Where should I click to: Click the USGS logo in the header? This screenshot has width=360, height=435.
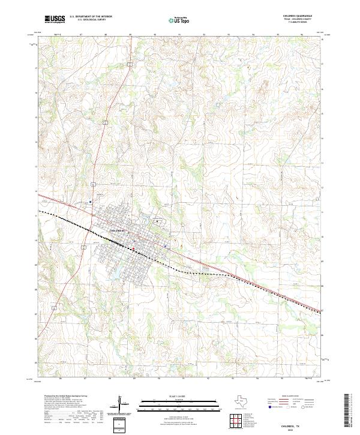[x=55, y=19]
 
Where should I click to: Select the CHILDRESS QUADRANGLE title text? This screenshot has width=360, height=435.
[x=298, y=16]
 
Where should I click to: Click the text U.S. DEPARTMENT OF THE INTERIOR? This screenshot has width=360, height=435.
[x=91, y=17]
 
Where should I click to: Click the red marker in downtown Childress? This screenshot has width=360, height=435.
[x=133, y=246]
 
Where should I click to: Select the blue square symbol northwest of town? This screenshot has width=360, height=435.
[x=90, y=202]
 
